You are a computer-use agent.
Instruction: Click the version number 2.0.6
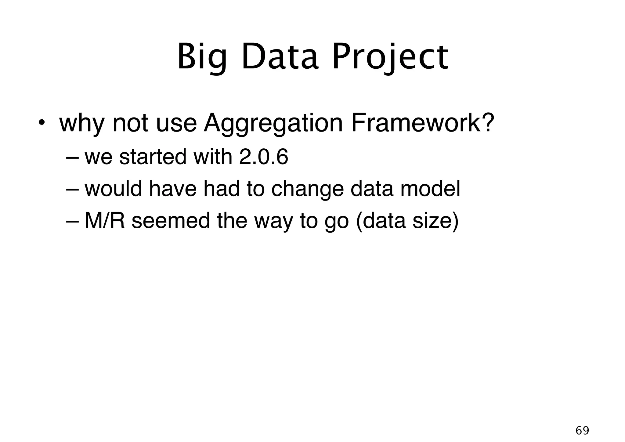click(x=264, y=157)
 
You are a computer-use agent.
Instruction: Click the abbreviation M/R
click(x=105, y=220)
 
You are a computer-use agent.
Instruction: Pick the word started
click(x=153, y=157)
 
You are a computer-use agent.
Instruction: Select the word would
click(x=113, y=189)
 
